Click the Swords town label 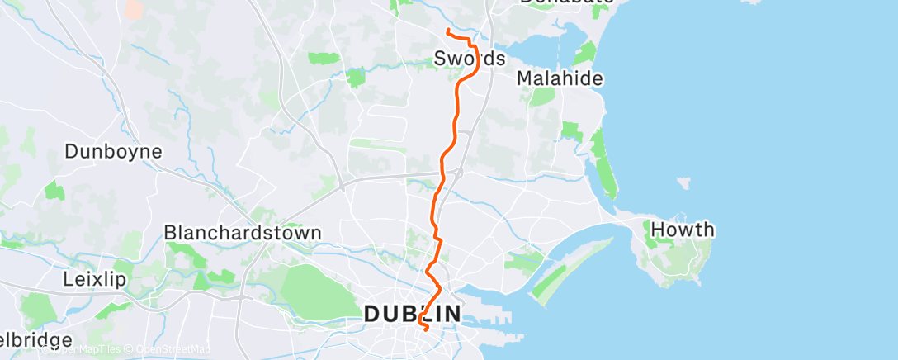470,59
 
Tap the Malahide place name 560,78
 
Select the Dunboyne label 113,152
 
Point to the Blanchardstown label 242,233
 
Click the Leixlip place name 94,279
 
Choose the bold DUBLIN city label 413,314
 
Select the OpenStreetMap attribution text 168,350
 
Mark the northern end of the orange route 447,31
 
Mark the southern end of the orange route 426,330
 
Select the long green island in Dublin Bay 570,268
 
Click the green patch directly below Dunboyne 54,190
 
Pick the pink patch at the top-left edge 131,8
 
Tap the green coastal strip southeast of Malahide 605,169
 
